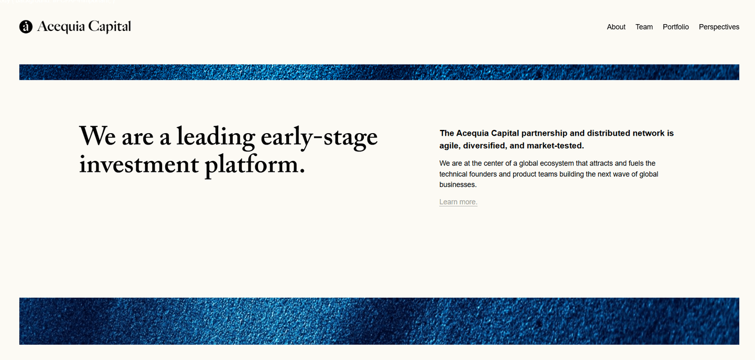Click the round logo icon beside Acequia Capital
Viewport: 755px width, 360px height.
[x=26, y=27]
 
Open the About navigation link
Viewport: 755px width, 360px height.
[x=616, y=27]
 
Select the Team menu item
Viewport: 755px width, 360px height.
[x=644, y=27]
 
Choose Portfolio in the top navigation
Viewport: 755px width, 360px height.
[x=675, y=27]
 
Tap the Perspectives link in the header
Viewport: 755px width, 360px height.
[x=719, y=27]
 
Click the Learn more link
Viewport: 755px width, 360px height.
[x=458, y=202]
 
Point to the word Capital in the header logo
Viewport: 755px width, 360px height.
[x=110, y=27]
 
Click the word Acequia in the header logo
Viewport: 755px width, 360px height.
[x=61, y=27]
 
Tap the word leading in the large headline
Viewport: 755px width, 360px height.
[x=215, y=137]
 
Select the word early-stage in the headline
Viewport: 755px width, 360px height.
[x=319, y=137]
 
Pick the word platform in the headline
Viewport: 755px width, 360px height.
[x=254, y=165]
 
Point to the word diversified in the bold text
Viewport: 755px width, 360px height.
[x=484, y=146]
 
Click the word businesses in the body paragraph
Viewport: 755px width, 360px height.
[x=458, y=184]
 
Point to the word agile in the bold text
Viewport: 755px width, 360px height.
[x=449, y=146]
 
